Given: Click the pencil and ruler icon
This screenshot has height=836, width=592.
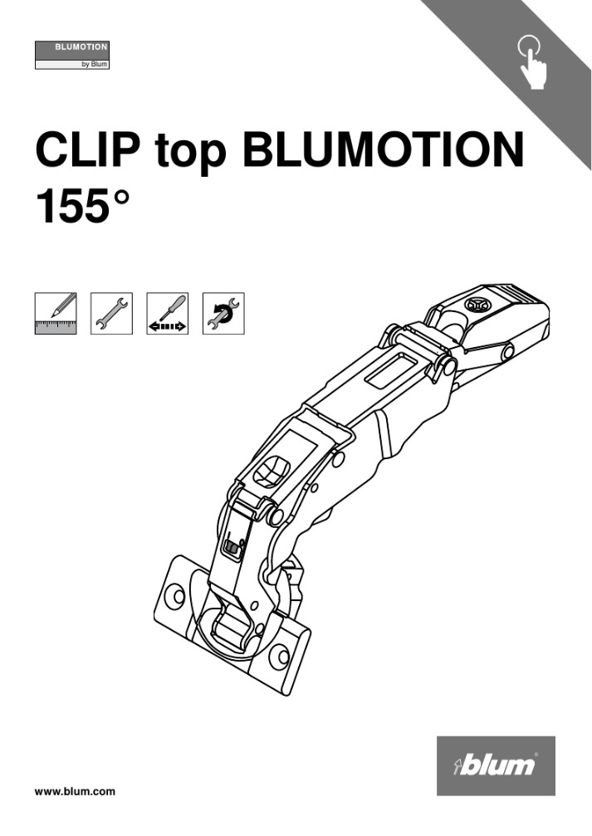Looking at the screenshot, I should [56, 313].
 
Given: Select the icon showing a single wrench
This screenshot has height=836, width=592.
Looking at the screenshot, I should [111, 313].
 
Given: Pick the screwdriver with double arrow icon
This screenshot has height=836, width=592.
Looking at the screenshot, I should [167, 313].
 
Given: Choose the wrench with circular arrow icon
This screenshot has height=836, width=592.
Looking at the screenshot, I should [223, 313].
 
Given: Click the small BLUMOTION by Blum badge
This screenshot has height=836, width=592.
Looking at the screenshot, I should [71, 55].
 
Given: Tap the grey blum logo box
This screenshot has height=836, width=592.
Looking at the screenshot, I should [496, 765].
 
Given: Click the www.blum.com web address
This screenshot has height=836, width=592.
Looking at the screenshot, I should [75, 791].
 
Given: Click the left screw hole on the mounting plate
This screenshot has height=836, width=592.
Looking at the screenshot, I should [174, 595].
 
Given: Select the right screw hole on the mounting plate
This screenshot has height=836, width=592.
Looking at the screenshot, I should [280, 658].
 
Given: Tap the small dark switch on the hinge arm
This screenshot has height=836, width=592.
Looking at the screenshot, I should [232, 549].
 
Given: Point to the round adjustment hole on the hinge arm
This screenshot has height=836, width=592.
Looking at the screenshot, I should [271, 475].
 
